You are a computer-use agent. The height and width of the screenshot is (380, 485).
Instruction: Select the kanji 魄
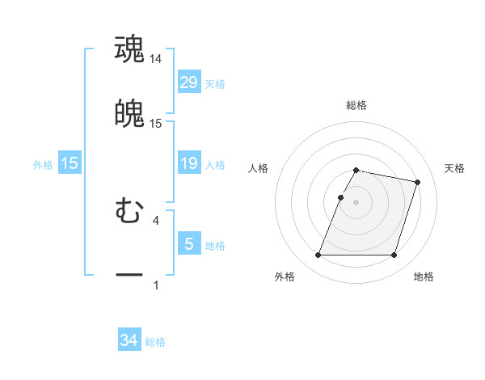tap(129, 114)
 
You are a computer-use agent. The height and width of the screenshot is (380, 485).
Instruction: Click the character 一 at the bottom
tap(129, 275)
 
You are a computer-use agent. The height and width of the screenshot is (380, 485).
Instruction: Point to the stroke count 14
tap(156, 59)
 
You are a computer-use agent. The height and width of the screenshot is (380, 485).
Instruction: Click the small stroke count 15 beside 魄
tap(156, 124)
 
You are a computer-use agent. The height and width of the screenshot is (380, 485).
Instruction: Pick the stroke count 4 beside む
tap(156, 220)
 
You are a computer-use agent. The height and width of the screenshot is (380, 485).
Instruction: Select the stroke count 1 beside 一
tap(156, 285)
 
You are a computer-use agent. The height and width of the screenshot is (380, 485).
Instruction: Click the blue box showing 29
tap(189, 82)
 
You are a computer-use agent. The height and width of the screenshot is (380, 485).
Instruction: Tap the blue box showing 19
tap(189, 163)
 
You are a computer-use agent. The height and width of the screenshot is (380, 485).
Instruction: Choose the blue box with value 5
tap(189, 244)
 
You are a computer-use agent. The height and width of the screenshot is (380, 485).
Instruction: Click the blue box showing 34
tap(129, 340)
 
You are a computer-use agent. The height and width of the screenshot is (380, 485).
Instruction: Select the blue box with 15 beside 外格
tap(70, 163)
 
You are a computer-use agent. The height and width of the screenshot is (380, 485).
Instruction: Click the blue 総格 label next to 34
tap(155, 342)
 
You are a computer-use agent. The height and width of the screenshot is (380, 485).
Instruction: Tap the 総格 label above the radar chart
tap(356, 105)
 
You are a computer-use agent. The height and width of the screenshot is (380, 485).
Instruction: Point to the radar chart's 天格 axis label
tap(454, 168)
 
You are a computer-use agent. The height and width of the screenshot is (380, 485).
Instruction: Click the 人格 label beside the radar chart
tap(258, 168)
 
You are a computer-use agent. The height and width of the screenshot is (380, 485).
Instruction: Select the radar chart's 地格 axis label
tap(424, 277)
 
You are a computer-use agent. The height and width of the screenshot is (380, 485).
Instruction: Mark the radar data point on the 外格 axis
tap(318, 255)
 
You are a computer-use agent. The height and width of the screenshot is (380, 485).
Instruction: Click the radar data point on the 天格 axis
tap(417, 183)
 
